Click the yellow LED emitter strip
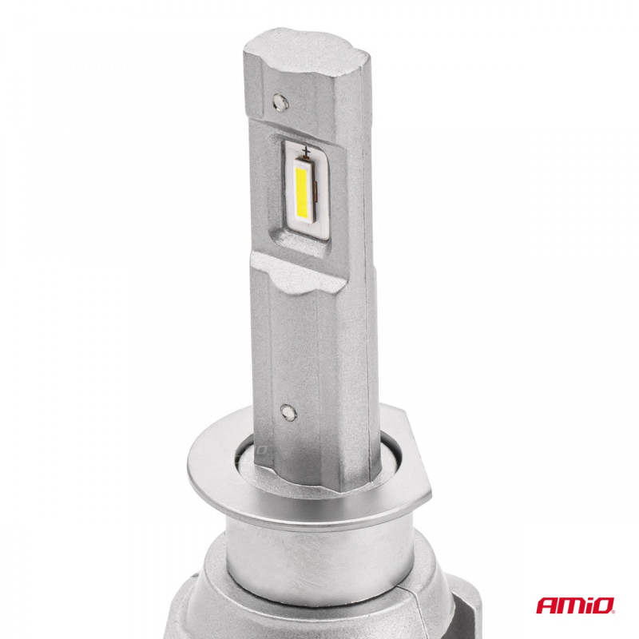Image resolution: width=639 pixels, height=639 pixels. [x=301, y=192]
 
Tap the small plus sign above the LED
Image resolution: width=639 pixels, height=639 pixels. [x=305, y=150]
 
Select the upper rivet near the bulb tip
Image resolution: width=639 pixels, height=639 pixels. [x=280, y=101]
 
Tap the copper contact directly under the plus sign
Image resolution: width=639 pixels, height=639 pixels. [x=305, y=158]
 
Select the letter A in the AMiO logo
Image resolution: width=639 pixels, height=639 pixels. [x=546, y=605]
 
